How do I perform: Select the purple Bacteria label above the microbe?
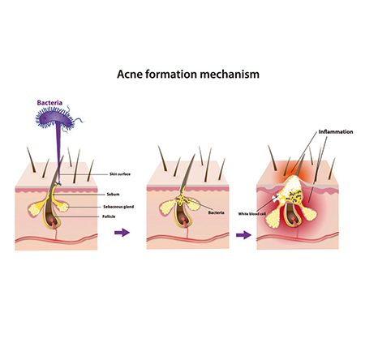(49, 103)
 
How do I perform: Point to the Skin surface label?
(120, 174)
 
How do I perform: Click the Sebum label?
(113, 194)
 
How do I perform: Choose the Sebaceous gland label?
(118, 207)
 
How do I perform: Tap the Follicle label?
(109, 216)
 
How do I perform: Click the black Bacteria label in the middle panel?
(216, 212)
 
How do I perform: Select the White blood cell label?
(252, 214)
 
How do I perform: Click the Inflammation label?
(336, 132)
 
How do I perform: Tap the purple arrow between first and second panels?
(122, 232)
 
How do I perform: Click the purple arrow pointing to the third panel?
(243, 234)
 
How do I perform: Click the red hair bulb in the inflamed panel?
(293, 218)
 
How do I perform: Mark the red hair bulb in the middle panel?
(183, 219)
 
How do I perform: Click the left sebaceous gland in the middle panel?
(166, 208)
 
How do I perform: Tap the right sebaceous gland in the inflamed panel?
(309, 213)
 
